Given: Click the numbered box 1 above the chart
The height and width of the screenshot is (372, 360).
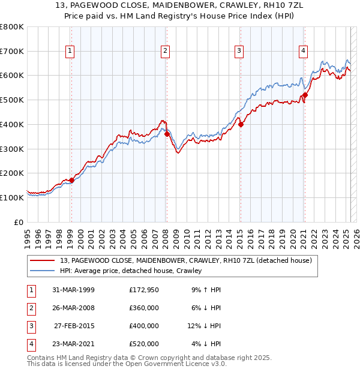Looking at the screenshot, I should point(70,52).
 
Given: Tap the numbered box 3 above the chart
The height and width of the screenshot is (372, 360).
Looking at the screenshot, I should point(239,52).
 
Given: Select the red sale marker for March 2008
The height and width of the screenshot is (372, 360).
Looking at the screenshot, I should point(167,134).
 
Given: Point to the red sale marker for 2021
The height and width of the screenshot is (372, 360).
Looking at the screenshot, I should point(305,94).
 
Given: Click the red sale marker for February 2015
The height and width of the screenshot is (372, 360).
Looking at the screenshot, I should point(241,124).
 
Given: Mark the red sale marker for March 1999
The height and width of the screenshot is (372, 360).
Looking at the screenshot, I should point(71,179).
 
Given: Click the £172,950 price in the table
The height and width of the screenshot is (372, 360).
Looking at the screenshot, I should point(143,290).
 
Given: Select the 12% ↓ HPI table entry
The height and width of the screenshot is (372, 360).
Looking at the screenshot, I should point(205,326).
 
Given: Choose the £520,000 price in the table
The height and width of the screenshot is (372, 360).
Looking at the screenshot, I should point(143,344).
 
